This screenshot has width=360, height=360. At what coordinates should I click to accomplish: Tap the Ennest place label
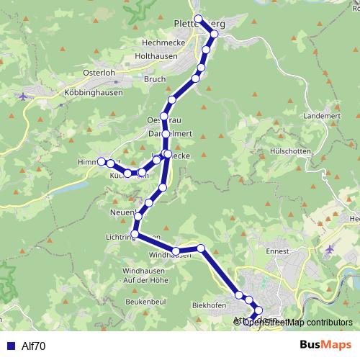277,251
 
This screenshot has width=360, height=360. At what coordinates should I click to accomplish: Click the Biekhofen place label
210,305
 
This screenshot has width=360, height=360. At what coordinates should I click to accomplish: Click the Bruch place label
155,79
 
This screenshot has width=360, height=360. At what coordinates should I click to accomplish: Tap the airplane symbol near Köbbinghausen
26,95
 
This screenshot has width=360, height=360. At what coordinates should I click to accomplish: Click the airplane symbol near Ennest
330,248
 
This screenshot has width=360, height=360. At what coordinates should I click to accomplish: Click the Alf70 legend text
33,346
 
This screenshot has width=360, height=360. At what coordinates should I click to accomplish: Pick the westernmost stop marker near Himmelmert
102,161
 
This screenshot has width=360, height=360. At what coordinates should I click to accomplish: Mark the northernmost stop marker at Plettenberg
198,19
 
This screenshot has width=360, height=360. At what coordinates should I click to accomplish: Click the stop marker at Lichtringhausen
135,233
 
